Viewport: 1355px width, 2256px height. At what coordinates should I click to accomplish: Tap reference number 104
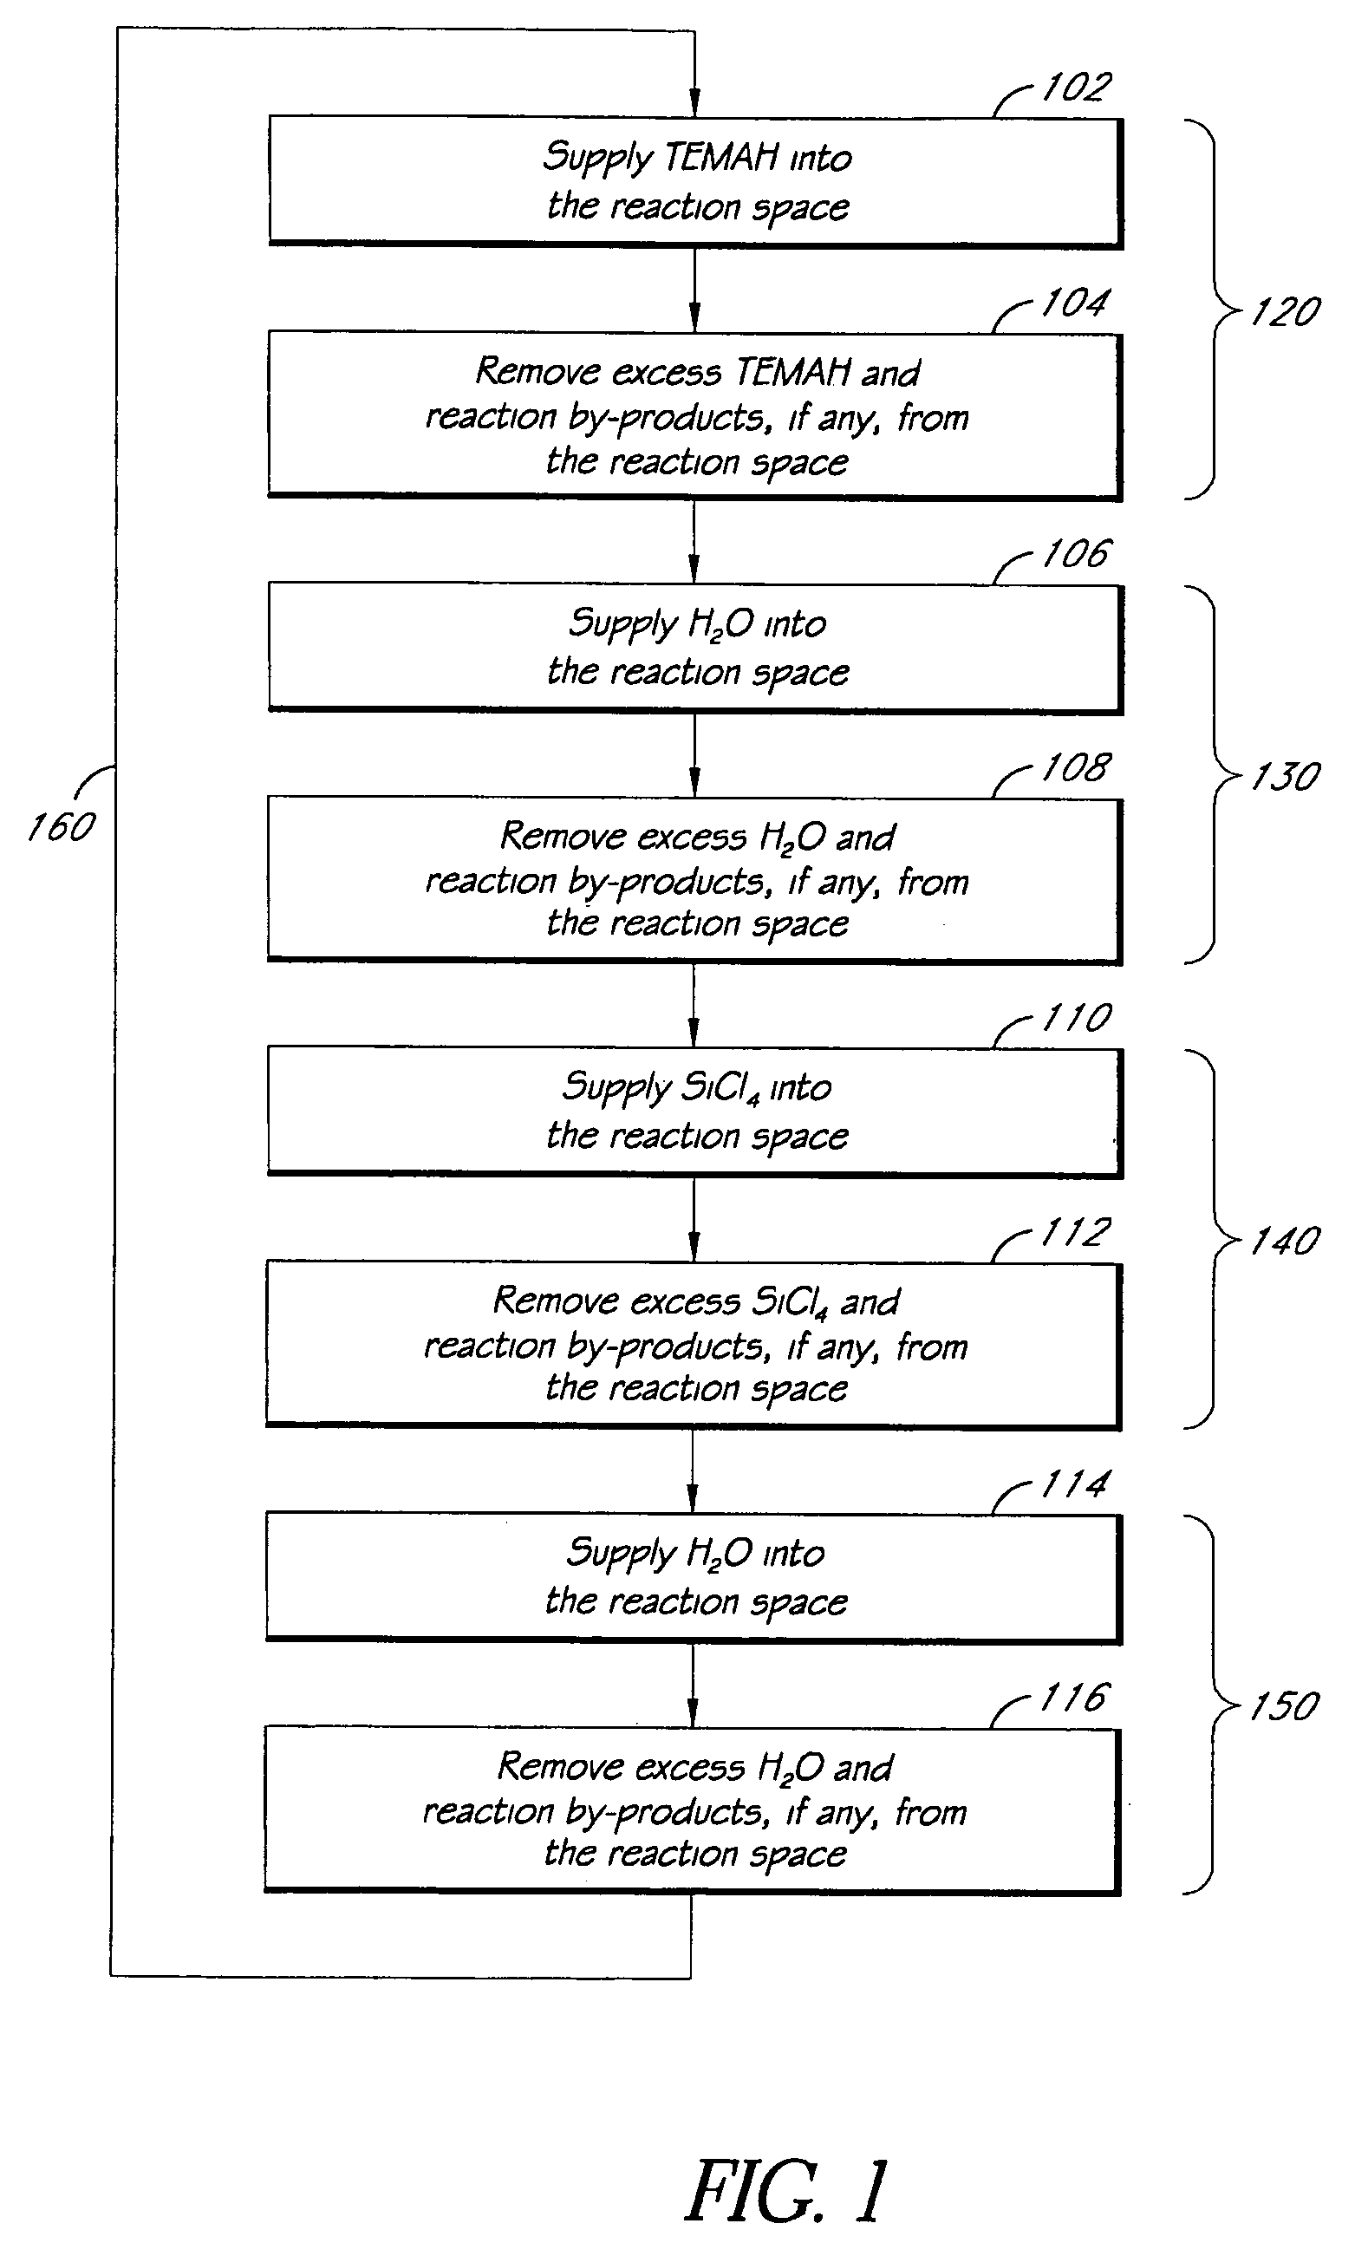click(x=1075, y=303)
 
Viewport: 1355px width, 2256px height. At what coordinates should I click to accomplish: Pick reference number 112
click(x=1075, y=1233)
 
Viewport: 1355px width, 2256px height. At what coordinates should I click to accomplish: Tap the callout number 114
click(x=1075, y=1484)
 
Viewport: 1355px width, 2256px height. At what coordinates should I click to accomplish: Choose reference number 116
click(x=1073, y=1699)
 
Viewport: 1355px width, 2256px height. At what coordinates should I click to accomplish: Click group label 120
click(x=1285, y=312)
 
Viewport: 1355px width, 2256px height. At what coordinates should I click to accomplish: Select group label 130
click(x=1285, y=777)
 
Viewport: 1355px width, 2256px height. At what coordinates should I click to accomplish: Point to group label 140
click(x=1285, y=1241)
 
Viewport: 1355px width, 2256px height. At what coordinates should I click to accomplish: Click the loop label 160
click(x=62, y=827)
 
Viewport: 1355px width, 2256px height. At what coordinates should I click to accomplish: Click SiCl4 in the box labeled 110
click(x=720, y=1087)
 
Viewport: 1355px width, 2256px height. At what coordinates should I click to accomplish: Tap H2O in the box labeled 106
click(x=720, y=624)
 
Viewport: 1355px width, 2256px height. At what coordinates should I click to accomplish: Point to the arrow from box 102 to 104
click(x=694, y=290)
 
